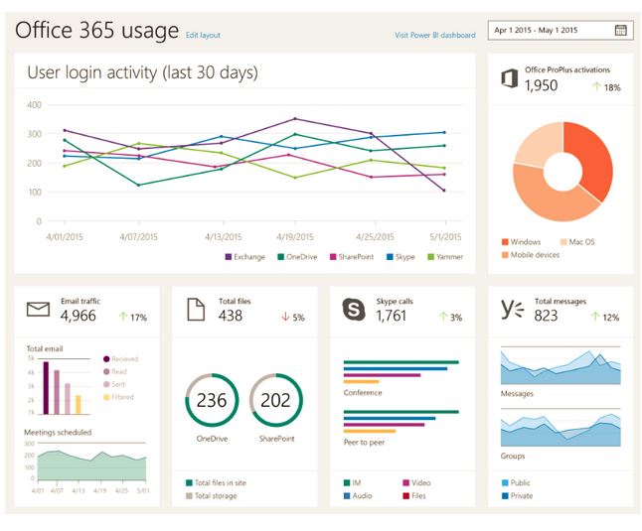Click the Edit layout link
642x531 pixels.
pos(203,35)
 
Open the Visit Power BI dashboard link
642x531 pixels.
pos(434,35)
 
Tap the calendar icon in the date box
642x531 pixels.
pos(621,30)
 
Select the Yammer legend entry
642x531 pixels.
pos(443,257)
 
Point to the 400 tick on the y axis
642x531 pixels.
pos(34,104)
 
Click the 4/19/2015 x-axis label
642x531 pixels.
pos(294,237)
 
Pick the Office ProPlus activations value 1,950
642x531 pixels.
pos(541,86)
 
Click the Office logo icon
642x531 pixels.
pos(509,78)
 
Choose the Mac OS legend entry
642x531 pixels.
pos(577,241)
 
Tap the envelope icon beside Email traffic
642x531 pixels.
pos(38,310)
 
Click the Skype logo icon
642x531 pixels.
pos(354,309)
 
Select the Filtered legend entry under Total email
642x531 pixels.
pos(120,397)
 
